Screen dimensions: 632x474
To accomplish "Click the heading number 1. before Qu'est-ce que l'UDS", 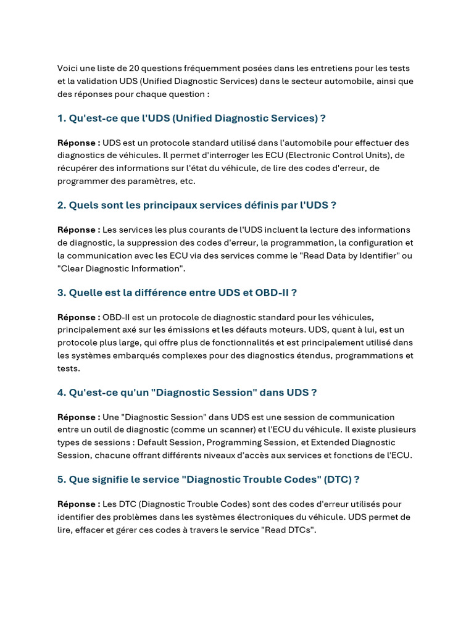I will [x=62, y=118].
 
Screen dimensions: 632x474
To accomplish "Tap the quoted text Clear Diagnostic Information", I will [x=121, y=268].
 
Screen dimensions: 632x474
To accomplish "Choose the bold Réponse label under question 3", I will [x=78, y=317].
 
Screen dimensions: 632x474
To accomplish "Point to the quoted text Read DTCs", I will [x=288, y=530].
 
